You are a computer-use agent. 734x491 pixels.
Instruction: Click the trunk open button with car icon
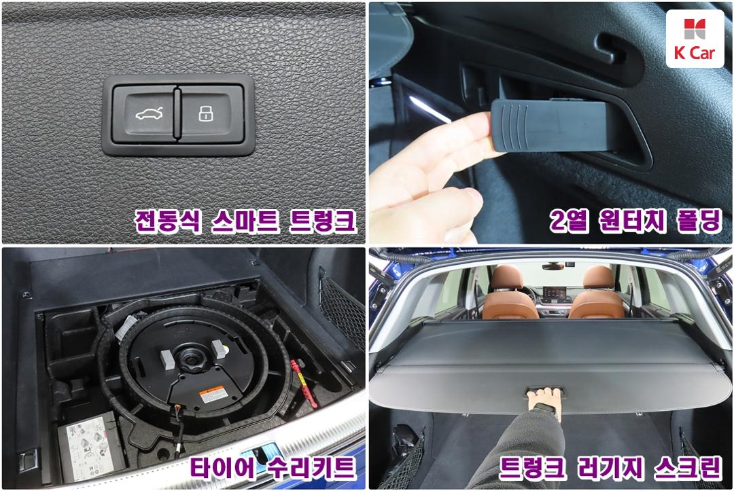pos(145,113)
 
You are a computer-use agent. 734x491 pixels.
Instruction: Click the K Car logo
pos(695,39)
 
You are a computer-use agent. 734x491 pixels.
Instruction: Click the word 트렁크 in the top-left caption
pos(322,221)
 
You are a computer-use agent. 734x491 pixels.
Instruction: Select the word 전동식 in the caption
pos(168,221)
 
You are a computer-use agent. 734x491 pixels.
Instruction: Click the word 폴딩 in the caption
pos(699,220)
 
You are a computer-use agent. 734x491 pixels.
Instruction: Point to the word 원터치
pos(632,220)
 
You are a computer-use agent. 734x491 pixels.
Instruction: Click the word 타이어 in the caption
pos(224,467)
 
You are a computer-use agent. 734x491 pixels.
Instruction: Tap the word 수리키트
pos(311,467)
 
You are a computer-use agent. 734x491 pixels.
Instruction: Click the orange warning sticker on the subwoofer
pos(213,395)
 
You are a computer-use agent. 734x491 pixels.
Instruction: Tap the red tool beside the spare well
pos(304,384)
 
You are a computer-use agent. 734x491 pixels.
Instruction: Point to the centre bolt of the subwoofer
pos(192,359)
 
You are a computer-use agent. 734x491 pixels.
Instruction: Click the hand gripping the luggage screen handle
pos(544,403)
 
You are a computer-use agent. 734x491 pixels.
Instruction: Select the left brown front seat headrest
pos(506,278)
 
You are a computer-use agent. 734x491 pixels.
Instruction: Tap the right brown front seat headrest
pos(598,278)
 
